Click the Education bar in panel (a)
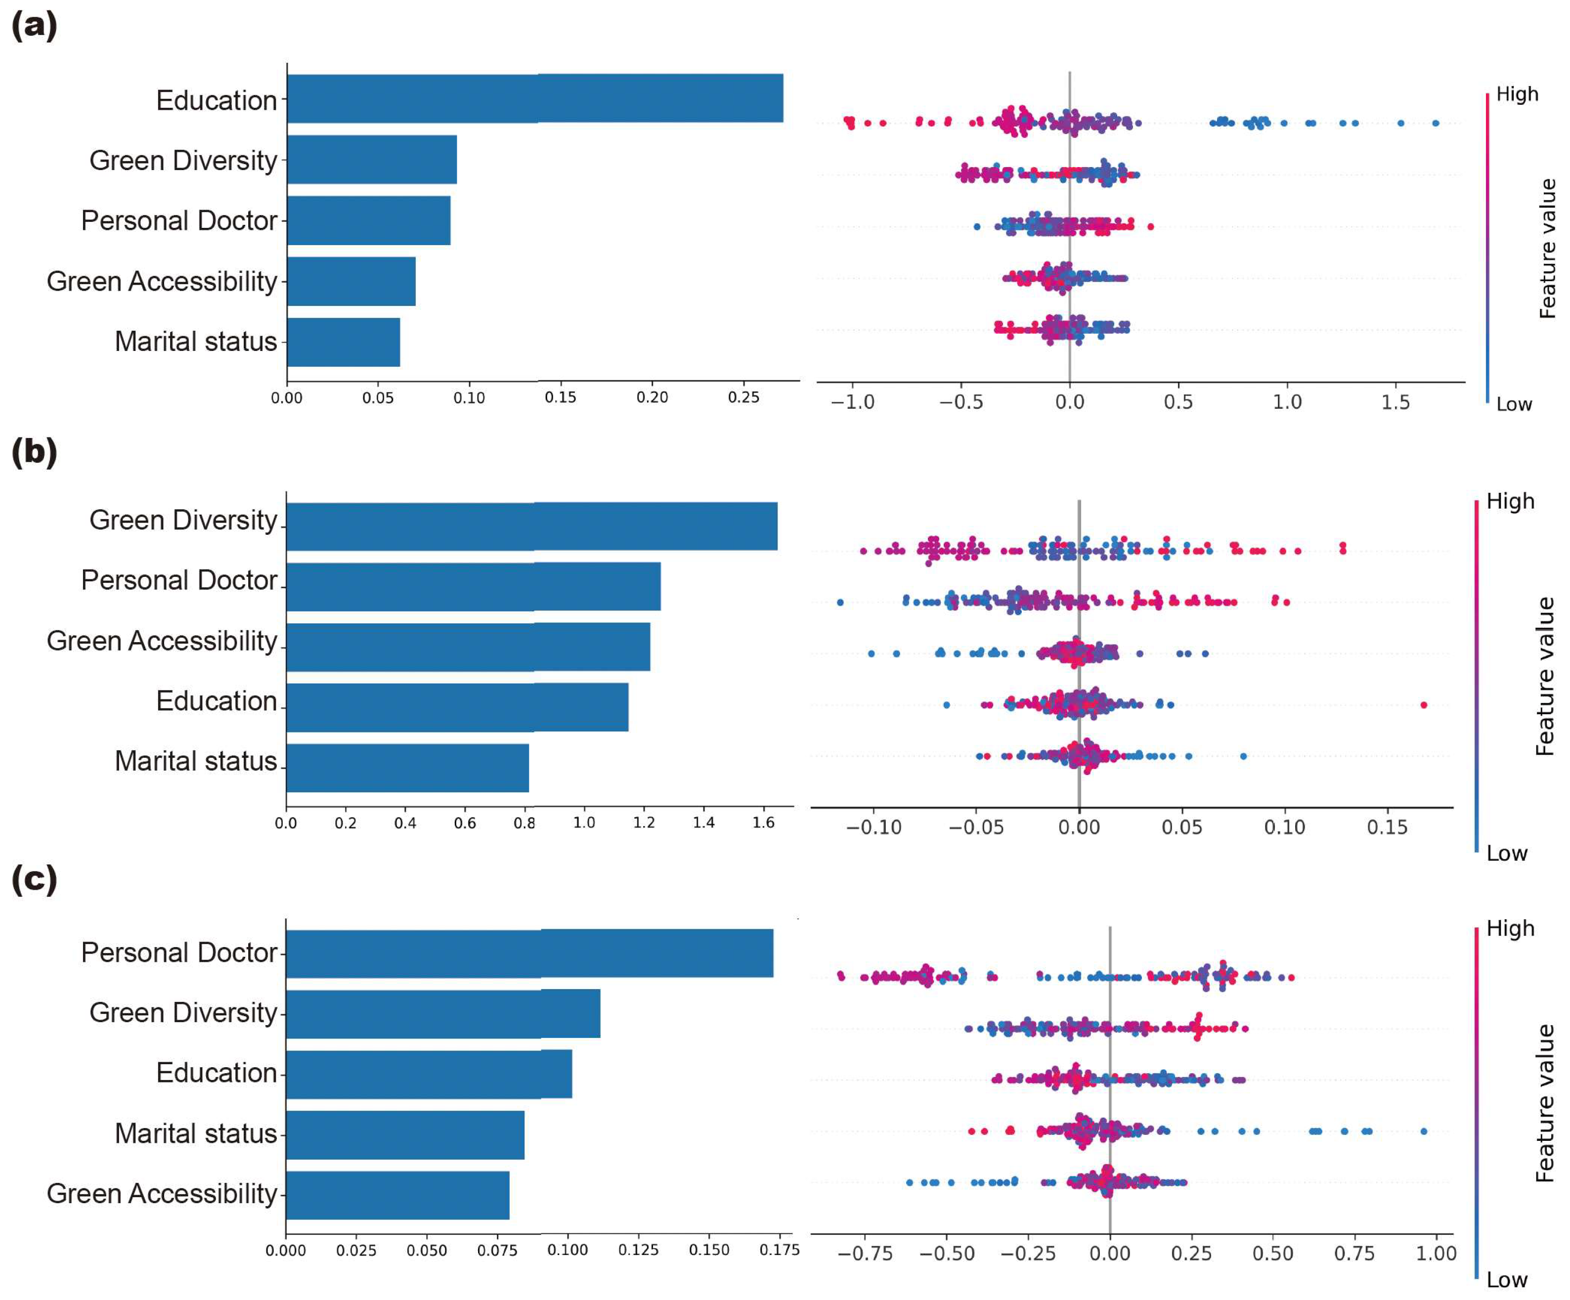(534, 98)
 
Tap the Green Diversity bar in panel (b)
(531, 526)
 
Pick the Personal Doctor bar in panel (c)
(529, 953)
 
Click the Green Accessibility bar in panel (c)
(397, 1195)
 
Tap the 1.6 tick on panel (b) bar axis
(763, 823)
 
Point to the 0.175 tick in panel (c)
(780, 1249)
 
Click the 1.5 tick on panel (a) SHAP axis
(1395, 402)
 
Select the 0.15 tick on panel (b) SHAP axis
(1388, 827)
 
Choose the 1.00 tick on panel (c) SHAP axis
(1436, 1254)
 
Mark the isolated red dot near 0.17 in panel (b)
(1424, 705)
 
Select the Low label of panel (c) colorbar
(1506, 1280)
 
